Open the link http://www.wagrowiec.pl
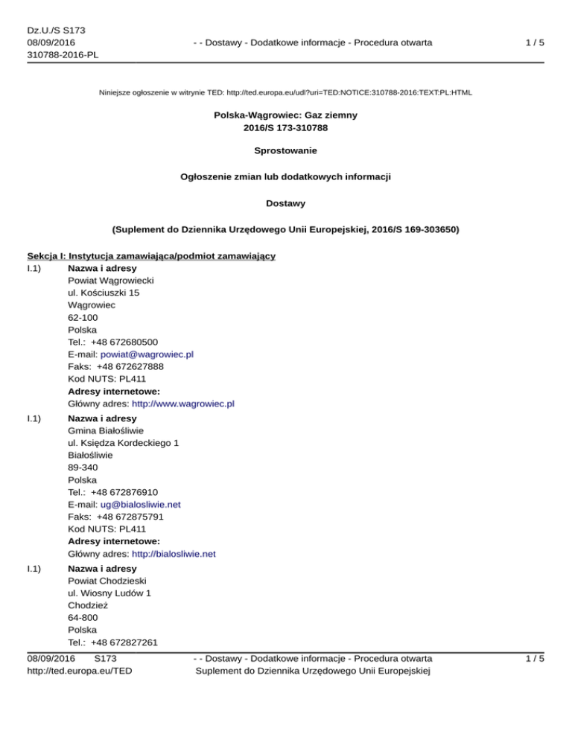click(183, 404)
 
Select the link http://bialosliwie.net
click(174, 554)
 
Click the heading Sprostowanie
click(286, 150)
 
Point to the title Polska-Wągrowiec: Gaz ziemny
click(286, 115)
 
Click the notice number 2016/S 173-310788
click(286, 128)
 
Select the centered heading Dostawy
click(286, 202)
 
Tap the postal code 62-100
click(82, 317)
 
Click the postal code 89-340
click(82, 467)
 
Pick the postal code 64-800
click(82, 616)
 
